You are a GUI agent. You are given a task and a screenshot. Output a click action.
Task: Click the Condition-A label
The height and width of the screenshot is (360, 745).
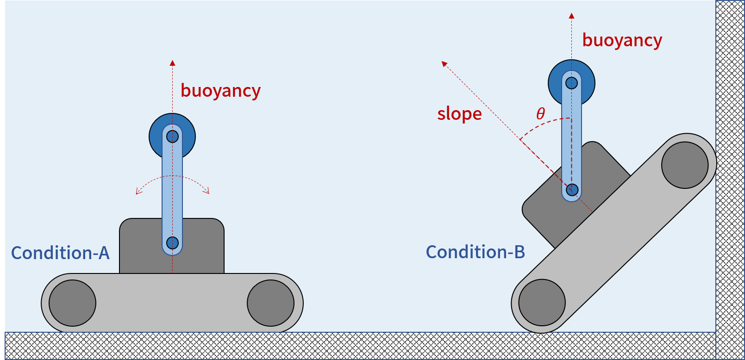60,253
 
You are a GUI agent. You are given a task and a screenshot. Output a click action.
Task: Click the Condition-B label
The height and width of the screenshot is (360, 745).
476,252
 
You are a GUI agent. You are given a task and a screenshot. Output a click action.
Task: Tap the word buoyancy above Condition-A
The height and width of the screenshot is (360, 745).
220,91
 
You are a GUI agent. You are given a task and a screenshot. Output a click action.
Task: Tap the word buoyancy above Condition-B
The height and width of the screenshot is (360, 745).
622,40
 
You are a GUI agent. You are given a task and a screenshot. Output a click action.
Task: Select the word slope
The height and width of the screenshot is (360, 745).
459,114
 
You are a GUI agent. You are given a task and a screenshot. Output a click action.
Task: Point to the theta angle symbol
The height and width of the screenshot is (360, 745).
540,113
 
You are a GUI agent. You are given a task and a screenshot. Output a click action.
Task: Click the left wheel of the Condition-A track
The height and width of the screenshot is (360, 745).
72,303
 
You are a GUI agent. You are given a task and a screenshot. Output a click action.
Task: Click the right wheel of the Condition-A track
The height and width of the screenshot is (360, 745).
270,303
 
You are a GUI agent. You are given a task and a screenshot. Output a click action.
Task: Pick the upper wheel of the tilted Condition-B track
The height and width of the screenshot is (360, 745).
685,165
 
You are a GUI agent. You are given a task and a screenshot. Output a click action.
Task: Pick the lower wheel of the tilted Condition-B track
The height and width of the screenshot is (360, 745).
542,302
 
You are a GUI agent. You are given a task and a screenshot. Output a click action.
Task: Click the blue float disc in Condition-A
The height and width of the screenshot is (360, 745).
157,137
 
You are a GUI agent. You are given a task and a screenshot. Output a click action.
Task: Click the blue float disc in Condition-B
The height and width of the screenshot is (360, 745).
556,83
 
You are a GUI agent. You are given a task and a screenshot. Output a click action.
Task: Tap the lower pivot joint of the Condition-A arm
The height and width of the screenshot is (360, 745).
172,242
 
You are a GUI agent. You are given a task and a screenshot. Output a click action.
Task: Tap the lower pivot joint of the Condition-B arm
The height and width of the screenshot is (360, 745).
572,190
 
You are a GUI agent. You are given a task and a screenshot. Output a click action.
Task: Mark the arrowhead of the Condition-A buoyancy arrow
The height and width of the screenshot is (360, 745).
172,63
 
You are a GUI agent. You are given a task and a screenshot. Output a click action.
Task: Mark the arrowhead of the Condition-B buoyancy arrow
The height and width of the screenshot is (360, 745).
571,16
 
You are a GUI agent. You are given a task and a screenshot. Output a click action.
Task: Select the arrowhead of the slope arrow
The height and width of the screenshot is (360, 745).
444,64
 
